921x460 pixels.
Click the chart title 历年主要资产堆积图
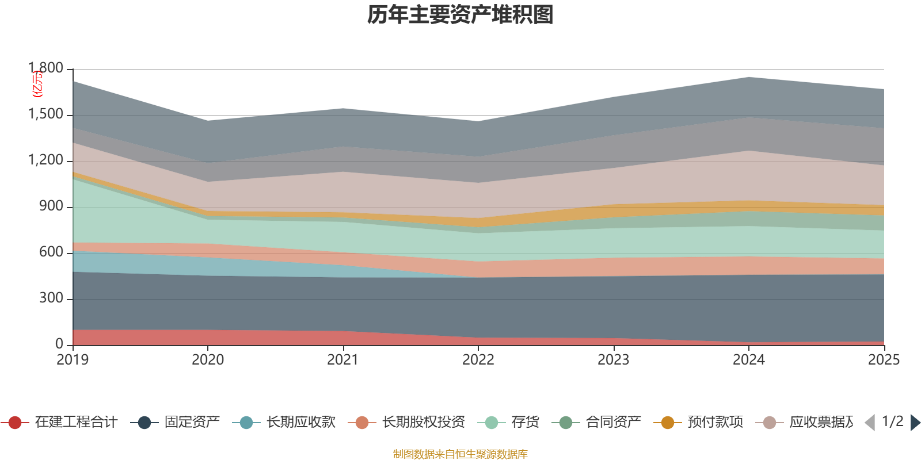(461, 15)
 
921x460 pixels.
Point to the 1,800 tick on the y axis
(46, 68)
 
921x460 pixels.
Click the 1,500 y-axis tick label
(46, 114)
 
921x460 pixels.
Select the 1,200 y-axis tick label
(46, 160)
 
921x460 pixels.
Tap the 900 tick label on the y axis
(51, 206)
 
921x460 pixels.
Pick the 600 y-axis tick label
(51, 252)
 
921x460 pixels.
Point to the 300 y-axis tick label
(51, 298)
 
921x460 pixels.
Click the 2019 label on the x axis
(73, 360)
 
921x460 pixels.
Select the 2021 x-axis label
(343, 360)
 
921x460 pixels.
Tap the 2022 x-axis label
(478, 360)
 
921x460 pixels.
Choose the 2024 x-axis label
(748, 360)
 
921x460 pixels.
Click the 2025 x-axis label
(884, 360)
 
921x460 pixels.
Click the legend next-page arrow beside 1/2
(915, 423)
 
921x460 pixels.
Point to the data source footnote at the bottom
(461, 454)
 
